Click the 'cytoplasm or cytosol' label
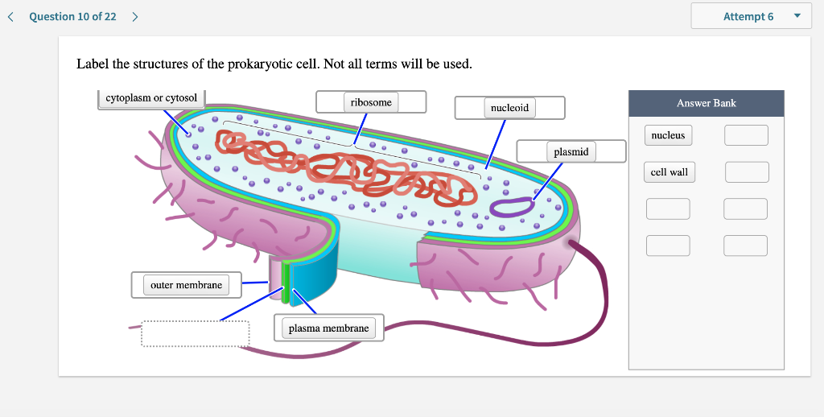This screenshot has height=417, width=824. point(151,98)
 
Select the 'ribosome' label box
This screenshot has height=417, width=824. point(371,102)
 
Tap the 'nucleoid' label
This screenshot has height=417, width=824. point(510,108)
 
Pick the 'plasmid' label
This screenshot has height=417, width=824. point(571,151)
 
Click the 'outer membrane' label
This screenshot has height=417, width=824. point(186,285)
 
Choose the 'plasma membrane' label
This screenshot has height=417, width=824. point(328,328)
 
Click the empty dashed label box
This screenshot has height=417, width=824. point(196,334)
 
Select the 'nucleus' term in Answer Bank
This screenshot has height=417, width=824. point(668,135)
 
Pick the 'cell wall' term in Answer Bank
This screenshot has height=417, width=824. point(669,172)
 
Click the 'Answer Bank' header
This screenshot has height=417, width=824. point(706,103)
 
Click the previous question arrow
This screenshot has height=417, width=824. point(10,16)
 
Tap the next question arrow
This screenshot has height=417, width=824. point(134,16)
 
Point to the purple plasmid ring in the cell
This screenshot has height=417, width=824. point(511,208)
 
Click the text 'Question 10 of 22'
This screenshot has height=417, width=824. point(72,16)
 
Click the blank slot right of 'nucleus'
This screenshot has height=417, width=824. point(746,135)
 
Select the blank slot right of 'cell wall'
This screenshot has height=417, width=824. point(746,172)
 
